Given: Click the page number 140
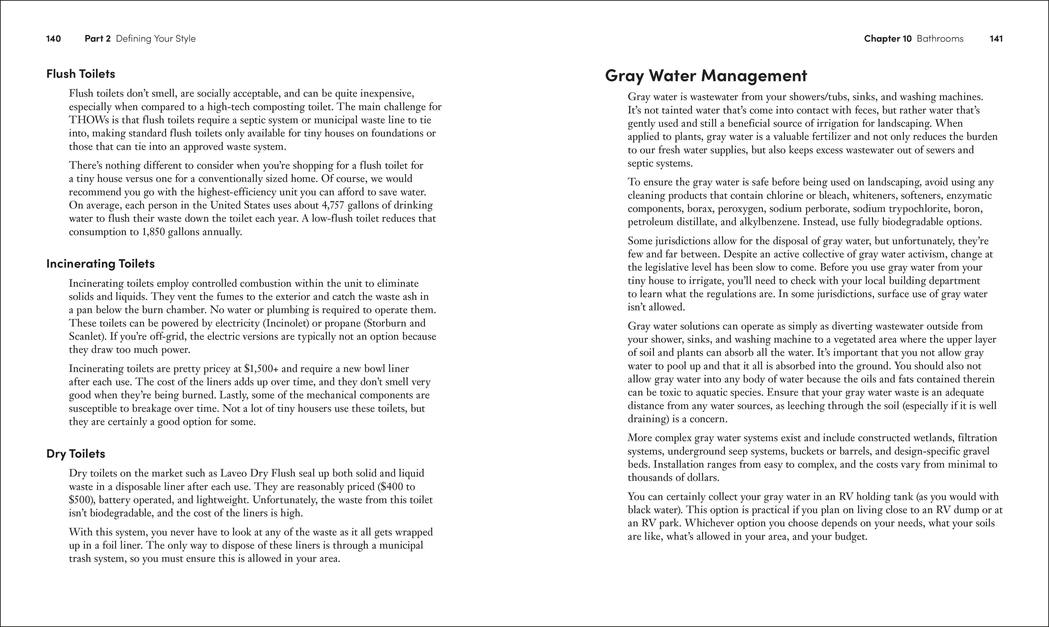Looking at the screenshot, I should (x=53, y=39).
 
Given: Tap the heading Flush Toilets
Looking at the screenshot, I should (x=81, y=74).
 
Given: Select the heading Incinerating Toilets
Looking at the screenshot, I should (x=101, y=264).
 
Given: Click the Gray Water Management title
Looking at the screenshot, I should (x=706, y=76).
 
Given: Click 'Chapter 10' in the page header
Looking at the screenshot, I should (x=888, y=39).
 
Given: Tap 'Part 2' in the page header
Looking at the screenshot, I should (x=98, y=39).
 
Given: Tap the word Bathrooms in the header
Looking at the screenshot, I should (x=940, y=39).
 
